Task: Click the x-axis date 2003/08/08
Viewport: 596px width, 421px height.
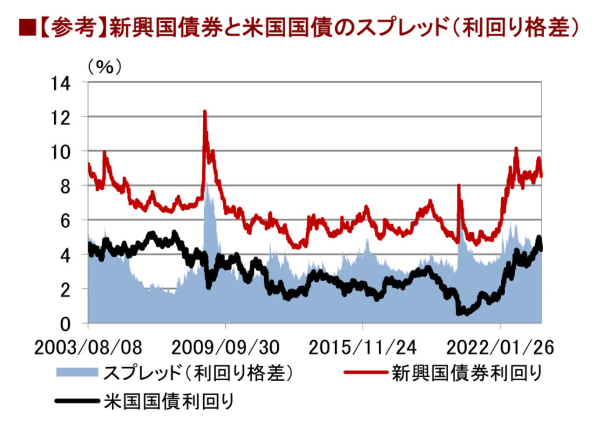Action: pyautogui.click(x=88, y=348)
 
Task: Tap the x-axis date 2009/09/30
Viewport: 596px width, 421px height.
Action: pyautogui.click(x=225, y=348)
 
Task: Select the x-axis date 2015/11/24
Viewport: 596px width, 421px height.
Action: pyautogui.click(x=363, y=348)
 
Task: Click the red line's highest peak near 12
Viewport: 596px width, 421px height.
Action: pyautogui.click(x=205, y=111)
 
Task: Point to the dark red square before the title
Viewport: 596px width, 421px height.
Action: pyautogui.click(x=25, y=27)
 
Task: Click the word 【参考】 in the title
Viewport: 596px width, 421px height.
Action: pyautogui.click(x=70, y=27)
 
